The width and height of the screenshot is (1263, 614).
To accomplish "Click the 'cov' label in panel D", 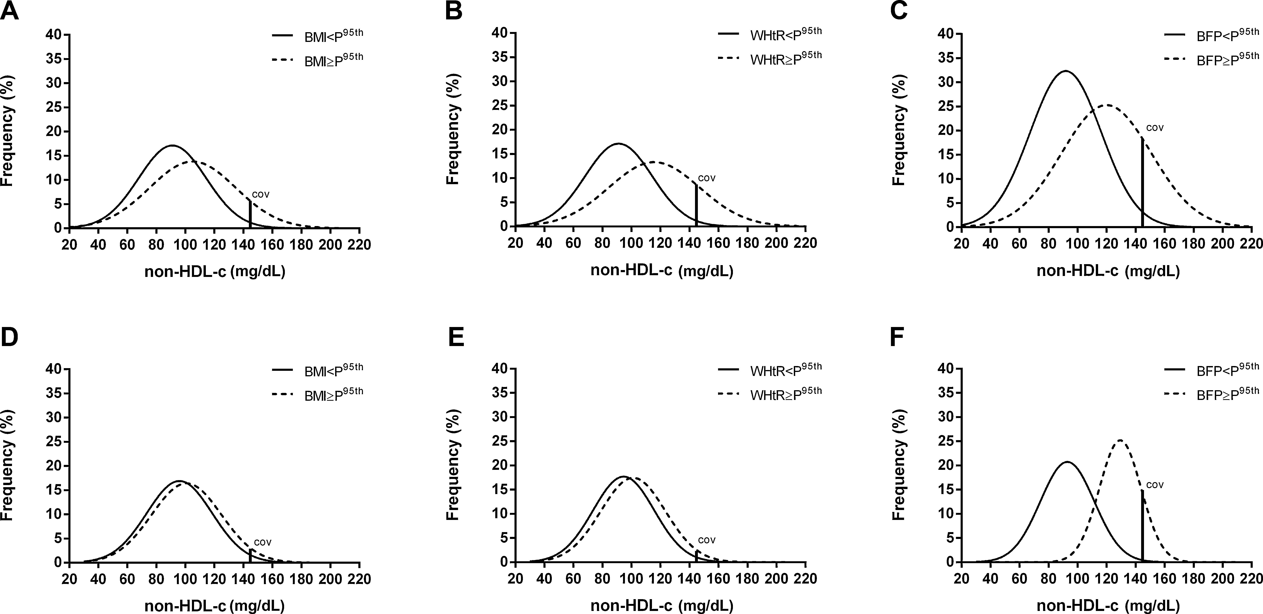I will click(x=262, y=542).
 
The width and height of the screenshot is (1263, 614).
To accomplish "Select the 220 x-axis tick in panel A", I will click(x=359, y=244).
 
